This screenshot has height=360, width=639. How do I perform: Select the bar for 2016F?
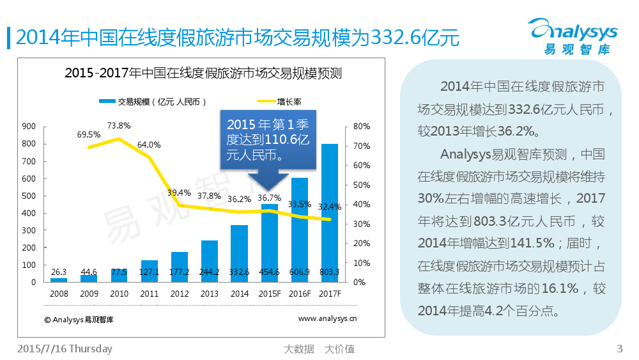[x=300, y=230]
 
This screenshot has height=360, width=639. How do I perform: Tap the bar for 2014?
[x=239, y=253]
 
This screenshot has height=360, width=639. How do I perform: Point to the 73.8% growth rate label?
[x=119, y=125]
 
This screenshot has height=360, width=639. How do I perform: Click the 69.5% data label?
[x=89, y=135]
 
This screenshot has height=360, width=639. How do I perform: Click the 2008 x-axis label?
[x=59, y=293]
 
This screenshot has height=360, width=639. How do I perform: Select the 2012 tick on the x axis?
[x=180, y=293]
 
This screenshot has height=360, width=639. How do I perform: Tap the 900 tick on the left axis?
[x=29, y=127]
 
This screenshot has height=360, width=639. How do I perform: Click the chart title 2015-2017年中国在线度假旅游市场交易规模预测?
[x=203, y=74]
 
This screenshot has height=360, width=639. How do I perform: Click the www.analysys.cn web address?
[x=328, y=318]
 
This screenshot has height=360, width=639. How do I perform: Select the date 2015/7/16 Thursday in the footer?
[x=65, y=348]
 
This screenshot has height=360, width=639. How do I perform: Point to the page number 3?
[x=619, y=348]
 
